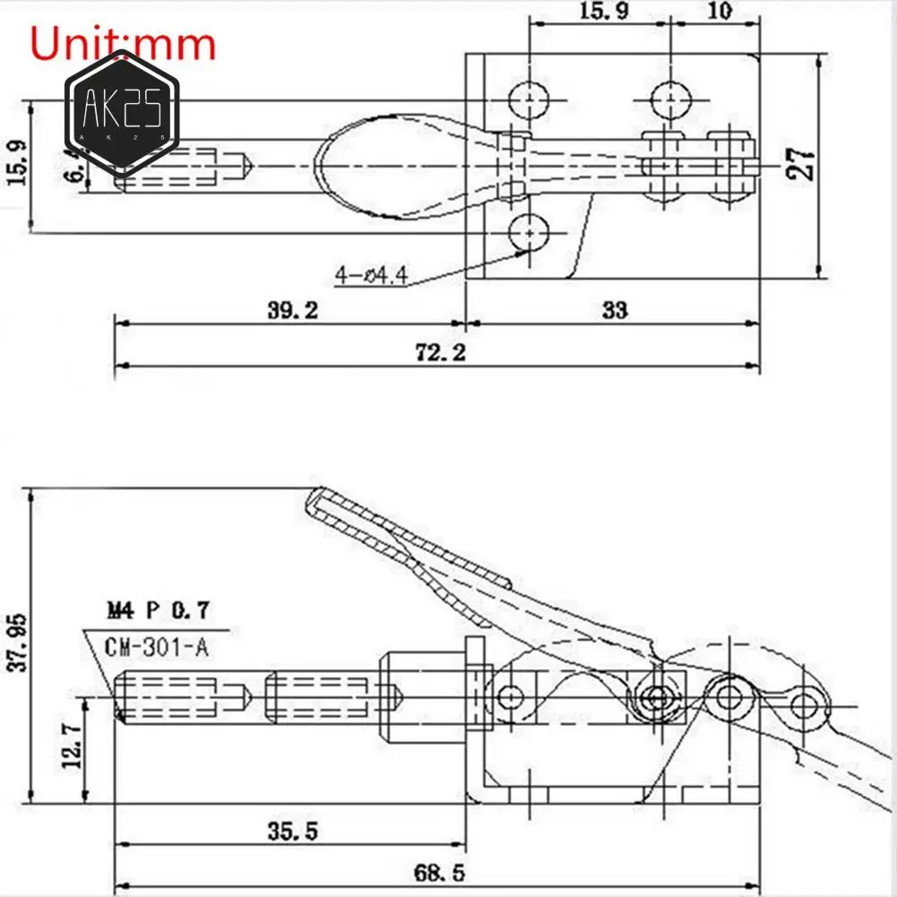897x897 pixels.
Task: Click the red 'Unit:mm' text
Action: [x=124, y=43]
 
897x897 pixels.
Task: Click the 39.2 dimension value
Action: [x=293, y=310]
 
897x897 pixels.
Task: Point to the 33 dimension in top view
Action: [x=615, y=310]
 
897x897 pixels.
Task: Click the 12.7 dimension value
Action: [x=73, y=746]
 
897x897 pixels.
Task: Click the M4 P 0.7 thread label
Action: [x=158, y=611]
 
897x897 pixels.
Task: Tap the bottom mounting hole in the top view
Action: [x=530, y=234]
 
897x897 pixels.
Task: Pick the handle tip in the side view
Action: [x=316, y=498]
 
